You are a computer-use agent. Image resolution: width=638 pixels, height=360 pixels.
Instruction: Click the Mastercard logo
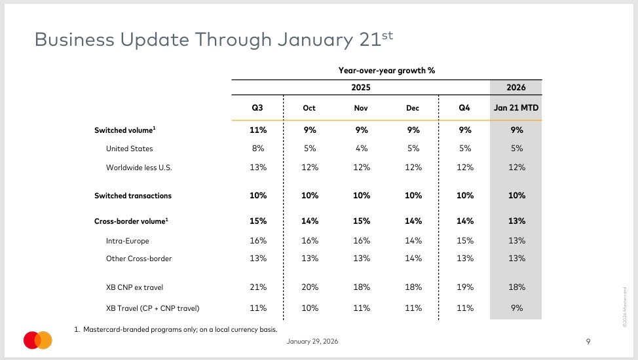pos(38,340)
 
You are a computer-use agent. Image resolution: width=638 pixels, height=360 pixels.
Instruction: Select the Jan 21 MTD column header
pos(516,108)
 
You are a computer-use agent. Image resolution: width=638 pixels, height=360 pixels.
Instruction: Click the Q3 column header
pos(257,108)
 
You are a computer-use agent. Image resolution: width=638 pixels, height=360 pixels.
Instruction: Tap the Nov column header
pos(361,108)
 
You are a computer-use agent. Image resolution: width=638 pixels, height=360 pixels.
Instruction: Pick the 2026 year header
pos(516,88)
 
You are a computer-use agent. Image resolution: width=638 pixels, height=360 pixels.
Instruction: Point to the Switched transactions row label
pos(133,196)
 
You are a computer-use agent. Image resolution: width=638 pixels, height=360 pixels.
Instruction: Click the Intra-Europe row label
pos(127,241)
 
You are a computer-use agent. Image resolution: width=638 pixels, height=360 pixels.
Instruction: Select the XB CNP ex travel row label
pos(134,287)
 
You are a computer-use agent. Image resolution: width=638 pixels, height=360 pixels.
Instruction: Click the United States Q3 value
pos(258,149)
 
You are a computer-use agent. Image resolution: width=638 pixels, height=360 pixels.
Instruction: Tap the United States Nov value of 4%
pos(362,149)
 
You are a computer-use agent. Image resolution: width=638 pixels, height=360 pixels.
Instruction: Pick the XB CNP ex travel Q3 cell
pos(258,287)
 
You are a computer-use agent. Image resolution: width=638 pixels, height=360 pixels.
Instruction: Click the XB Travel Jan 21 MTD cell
pos(517,308)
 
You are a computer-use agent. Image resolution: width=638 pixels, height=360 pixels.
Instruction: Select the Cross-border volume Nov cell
pos(362,221)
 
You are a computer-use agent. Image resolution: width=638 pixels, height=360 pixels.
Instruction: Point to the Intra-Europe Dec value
pos(413,240)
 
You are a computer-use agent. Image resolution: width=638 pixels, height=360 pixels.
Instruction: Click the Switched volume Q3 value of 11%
pos(258,130)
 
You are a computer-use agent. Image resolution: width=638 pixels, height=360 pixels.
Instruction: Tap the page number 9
pos(588,341)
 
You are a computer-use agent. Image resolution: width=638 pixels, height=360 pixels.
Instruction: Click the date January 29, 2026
pos(312,341)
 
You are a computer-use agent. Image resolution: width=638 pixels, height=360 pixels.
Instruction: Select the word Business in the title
pos(75,40)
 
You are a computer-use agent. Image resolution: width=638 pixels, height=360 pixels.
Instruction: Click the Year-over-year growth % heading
pos(386,71)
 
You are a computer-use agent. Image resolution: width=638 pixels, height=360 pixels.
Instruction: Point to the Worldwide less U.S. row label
pos(139,168)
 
